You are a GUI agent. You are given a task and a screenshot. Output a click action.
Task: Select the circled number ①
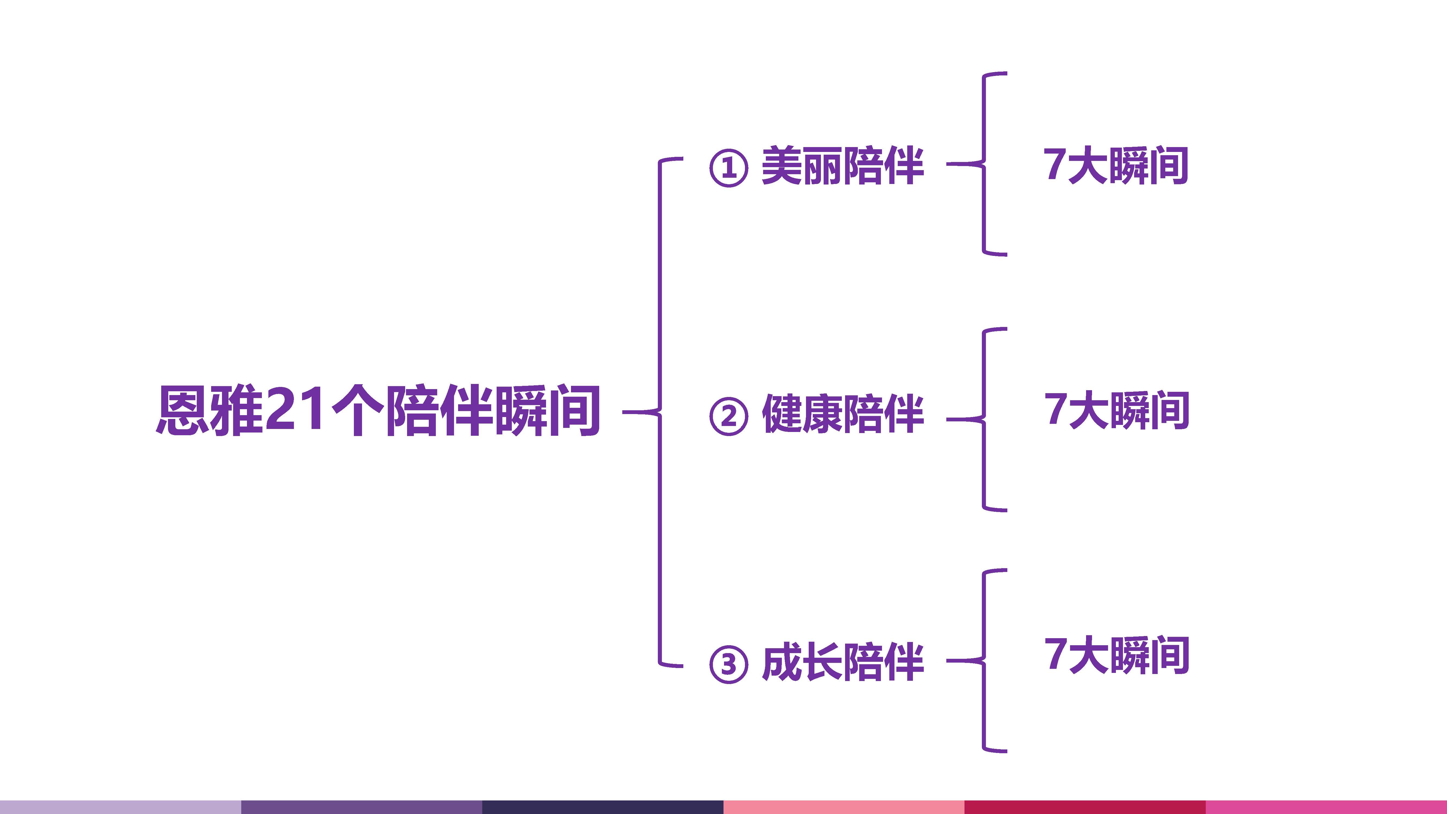tap(729, 167)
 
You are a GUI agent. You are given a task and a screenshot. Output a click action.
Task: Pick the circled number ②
tap(729, 416)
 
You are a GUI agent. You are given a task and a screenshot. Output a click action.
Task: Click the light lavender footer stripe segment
tap(120, 807)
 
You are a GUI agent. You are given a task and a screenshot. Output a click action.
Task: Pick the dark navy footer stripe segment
tap(602, 807)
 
